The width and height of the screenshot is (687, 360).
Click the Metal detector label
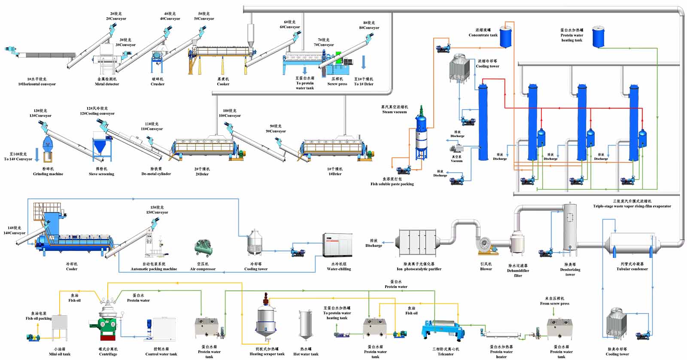click(x=106, y=82)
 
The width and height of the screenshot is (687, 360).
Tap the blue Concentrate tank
click(x=506, y=37)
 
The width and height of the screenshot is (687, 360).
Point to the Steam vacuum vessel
click(x=421, y=133)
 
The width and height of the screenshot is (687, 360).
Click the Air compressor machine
click(x=203, y=248)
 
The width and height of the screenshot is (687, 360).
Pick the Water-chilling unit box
click(x=337, y=245)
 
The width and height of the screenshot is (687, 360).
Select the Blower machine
click(x=487, y=245)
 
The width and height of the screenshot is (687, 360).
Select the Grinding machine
click(x=47, y=148)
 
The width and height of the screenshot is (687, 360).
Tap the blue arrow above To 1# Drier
click(x=363, y=62)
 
